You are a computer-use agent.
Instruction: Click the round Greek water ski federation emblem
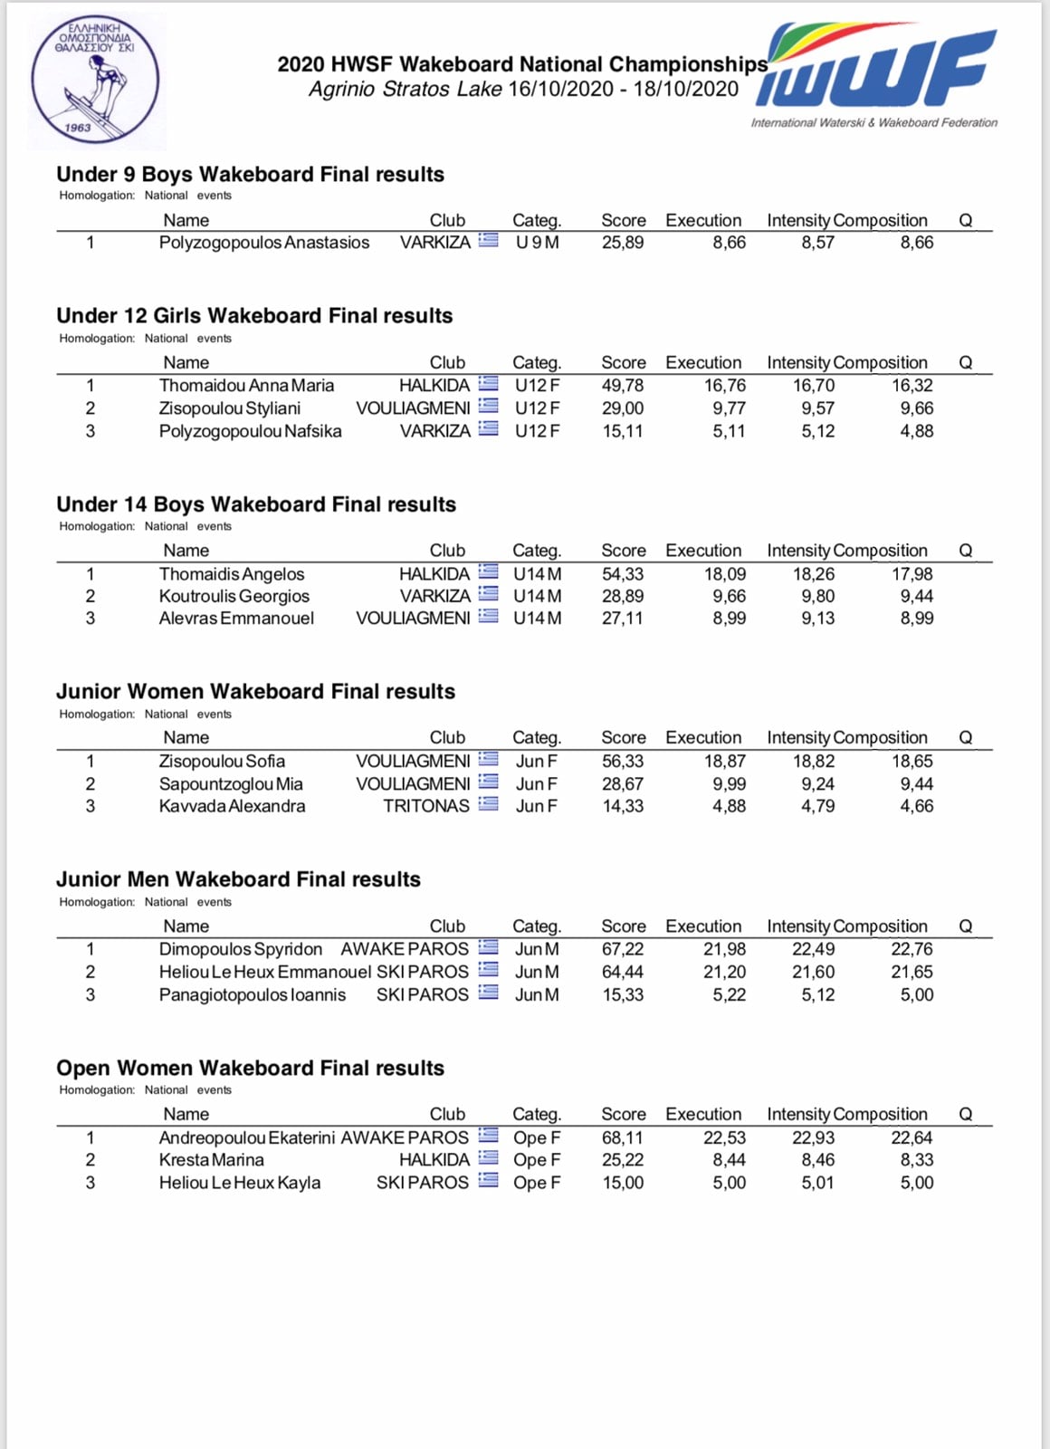click(95, 81)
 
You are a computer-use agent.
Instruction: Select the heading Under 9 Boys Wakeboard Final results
click(250, 175)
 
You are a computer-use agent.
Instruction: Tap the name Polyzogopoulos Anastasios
click(263, 243)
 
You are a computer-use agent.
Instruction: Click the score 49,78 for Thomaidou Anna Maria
click(623, 386)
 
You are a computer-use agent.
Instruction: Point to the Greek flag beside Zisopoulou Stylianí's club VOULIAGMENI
click(489, 408)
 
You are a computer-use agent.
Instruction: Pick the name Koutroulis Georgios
click(234, 596)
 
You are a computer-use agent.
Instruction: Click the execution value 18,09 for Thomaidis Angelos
click(725, 574)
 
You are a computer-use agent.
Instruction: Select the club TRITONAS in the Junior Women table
click(426, 806)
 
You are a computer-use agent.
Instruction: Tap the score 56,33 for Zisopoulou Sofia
click(623, 762)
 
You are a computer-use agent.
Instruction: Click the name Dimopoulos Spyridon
click(240, 949)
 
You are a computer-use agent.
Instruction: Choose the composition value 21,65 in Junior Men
click(912, 972)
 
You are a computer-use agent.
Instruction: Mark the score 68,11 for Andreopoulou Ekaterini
click(623, 1137)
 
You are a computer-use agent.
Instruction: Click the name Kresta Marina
click(211, 1160)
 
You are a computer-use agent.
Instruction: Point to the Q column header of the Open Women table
click(965, 1115)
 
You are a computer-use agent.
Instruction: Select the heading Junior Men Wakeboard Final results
click(238, 879)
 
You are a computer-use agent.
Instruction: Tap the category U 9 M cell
click(537, 243)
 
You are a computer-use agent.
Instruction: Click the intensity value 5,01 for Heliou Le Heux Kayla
click(817, 1183)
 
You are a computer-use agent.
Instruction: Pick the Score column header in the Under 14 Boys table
click(623, 551)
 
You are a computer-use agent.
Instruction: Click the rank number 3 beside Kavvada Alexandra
click(90, 806)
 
